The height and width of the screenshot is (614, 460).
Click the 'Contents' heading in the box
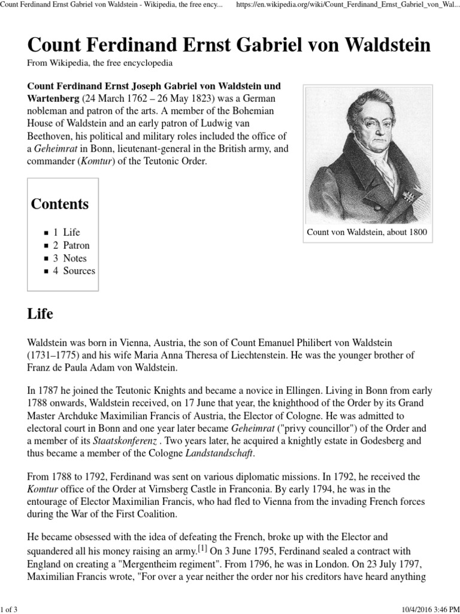[x=59, y=204]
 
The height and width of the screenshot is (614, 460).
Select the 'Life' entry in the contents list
[x=71, y=232]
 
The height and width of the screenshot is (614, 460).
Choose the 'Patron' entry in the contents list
[x=76, y=245]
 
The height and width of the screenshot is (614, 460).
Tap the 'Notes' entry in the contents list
[x=75, y=258]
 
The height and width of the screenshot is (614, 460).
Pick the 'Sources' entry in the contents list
[x=79, y=271]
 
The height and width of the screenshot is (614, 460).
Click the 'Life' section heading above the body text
[x=40, y=314]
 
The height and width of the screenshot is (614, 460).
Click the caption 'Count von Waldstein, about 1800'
[x=367, y=232]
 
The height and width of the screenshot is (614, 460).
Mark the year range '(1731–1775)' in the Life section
[x=52, y=354]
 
